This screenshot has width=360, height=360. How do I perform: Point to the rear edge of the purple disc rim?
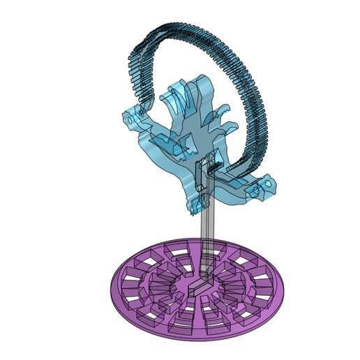[x=202, y=241]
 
